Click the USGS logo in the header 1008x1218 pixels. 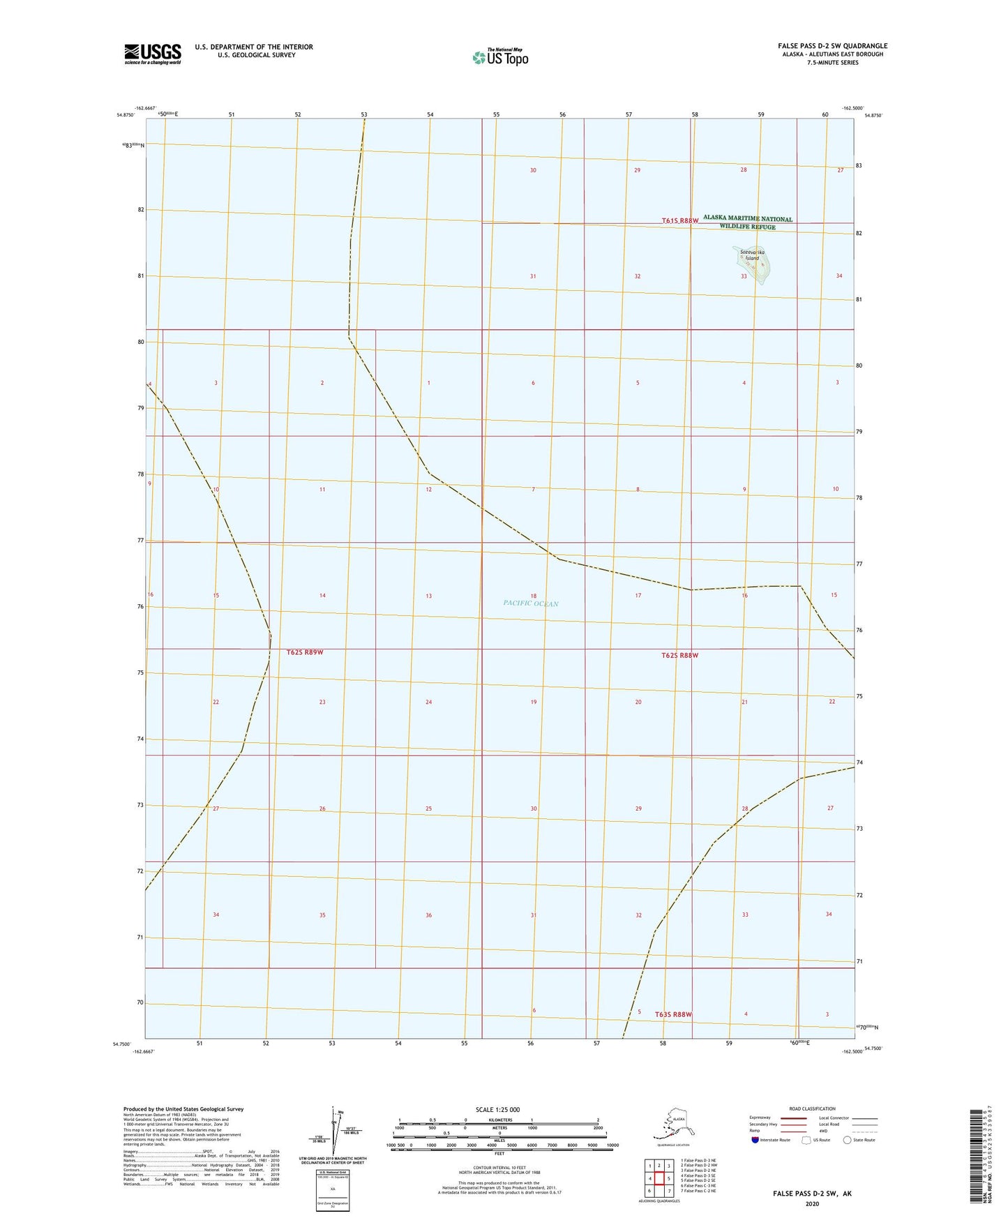click(x=152, y=54)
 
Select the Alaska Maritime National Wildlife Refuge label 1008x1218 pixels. click(x=747, y=223)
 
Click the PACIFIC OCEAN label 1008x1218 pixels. click(x=531, y=603)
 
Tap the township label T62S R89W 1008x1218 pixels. click(x=305, y=652)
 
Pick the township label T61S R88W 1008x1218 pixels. click(x=679, y=220)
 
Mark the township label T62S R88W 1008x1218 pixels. click(x=679, y=655)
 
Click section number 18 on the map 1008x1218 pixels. click(x=533, y=596)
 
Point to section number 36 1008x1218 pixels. click(x=428, y=915)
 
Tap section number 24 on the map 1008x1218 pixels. click(x=428, y=702)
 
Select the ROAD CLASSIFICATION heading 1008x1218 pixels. click(x=812, y=1108)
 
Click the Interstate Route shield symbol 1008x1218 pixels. click(x=756, y=1140)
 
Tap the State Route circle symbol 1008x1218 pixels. click(x=848, y=1140)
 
